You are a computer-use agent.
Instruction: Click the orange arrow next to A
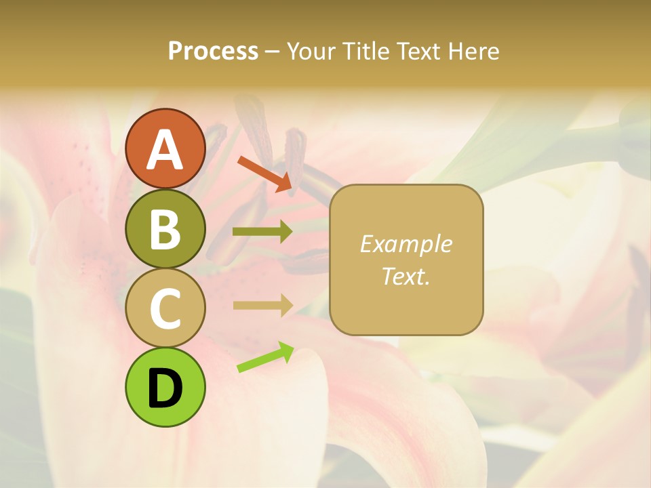pyautogui.click(x=264, y=172)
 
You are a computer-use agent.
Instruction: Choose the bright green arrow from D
pyautogui.click(x=265, y=358)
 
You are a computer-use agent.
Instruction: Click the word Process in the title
pyautogui.click(x=213, y=51)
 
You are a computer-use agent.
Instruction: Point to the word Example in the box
pyautogui.click(x=406, y=244)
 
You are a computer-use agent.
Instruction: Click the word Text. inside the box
pyautogui.click(x=406, y=276)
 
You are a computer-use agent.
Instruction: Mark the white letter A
pyautogui.click(x=165, y=149)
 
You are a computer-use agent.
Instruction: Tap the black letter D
pyautogui.click(x=165, y=388)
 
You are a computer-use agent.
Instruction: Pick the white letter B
pyautogui.click(x=165, y=229)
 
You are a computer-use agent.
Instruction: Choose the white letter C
pyautogui.click(x=165, y=308)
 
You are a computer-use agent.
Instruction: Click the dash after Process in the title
pyautogui.click(x=272, y=52)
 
